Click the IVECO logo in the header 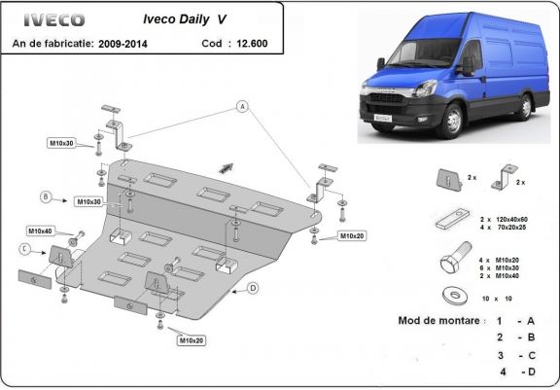pos(48,20)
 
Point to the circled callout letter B pos(46,196)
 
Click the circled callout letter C pos(23,249)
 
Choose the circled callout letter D pos(253,287)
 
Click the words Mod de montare pos(437,320)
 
